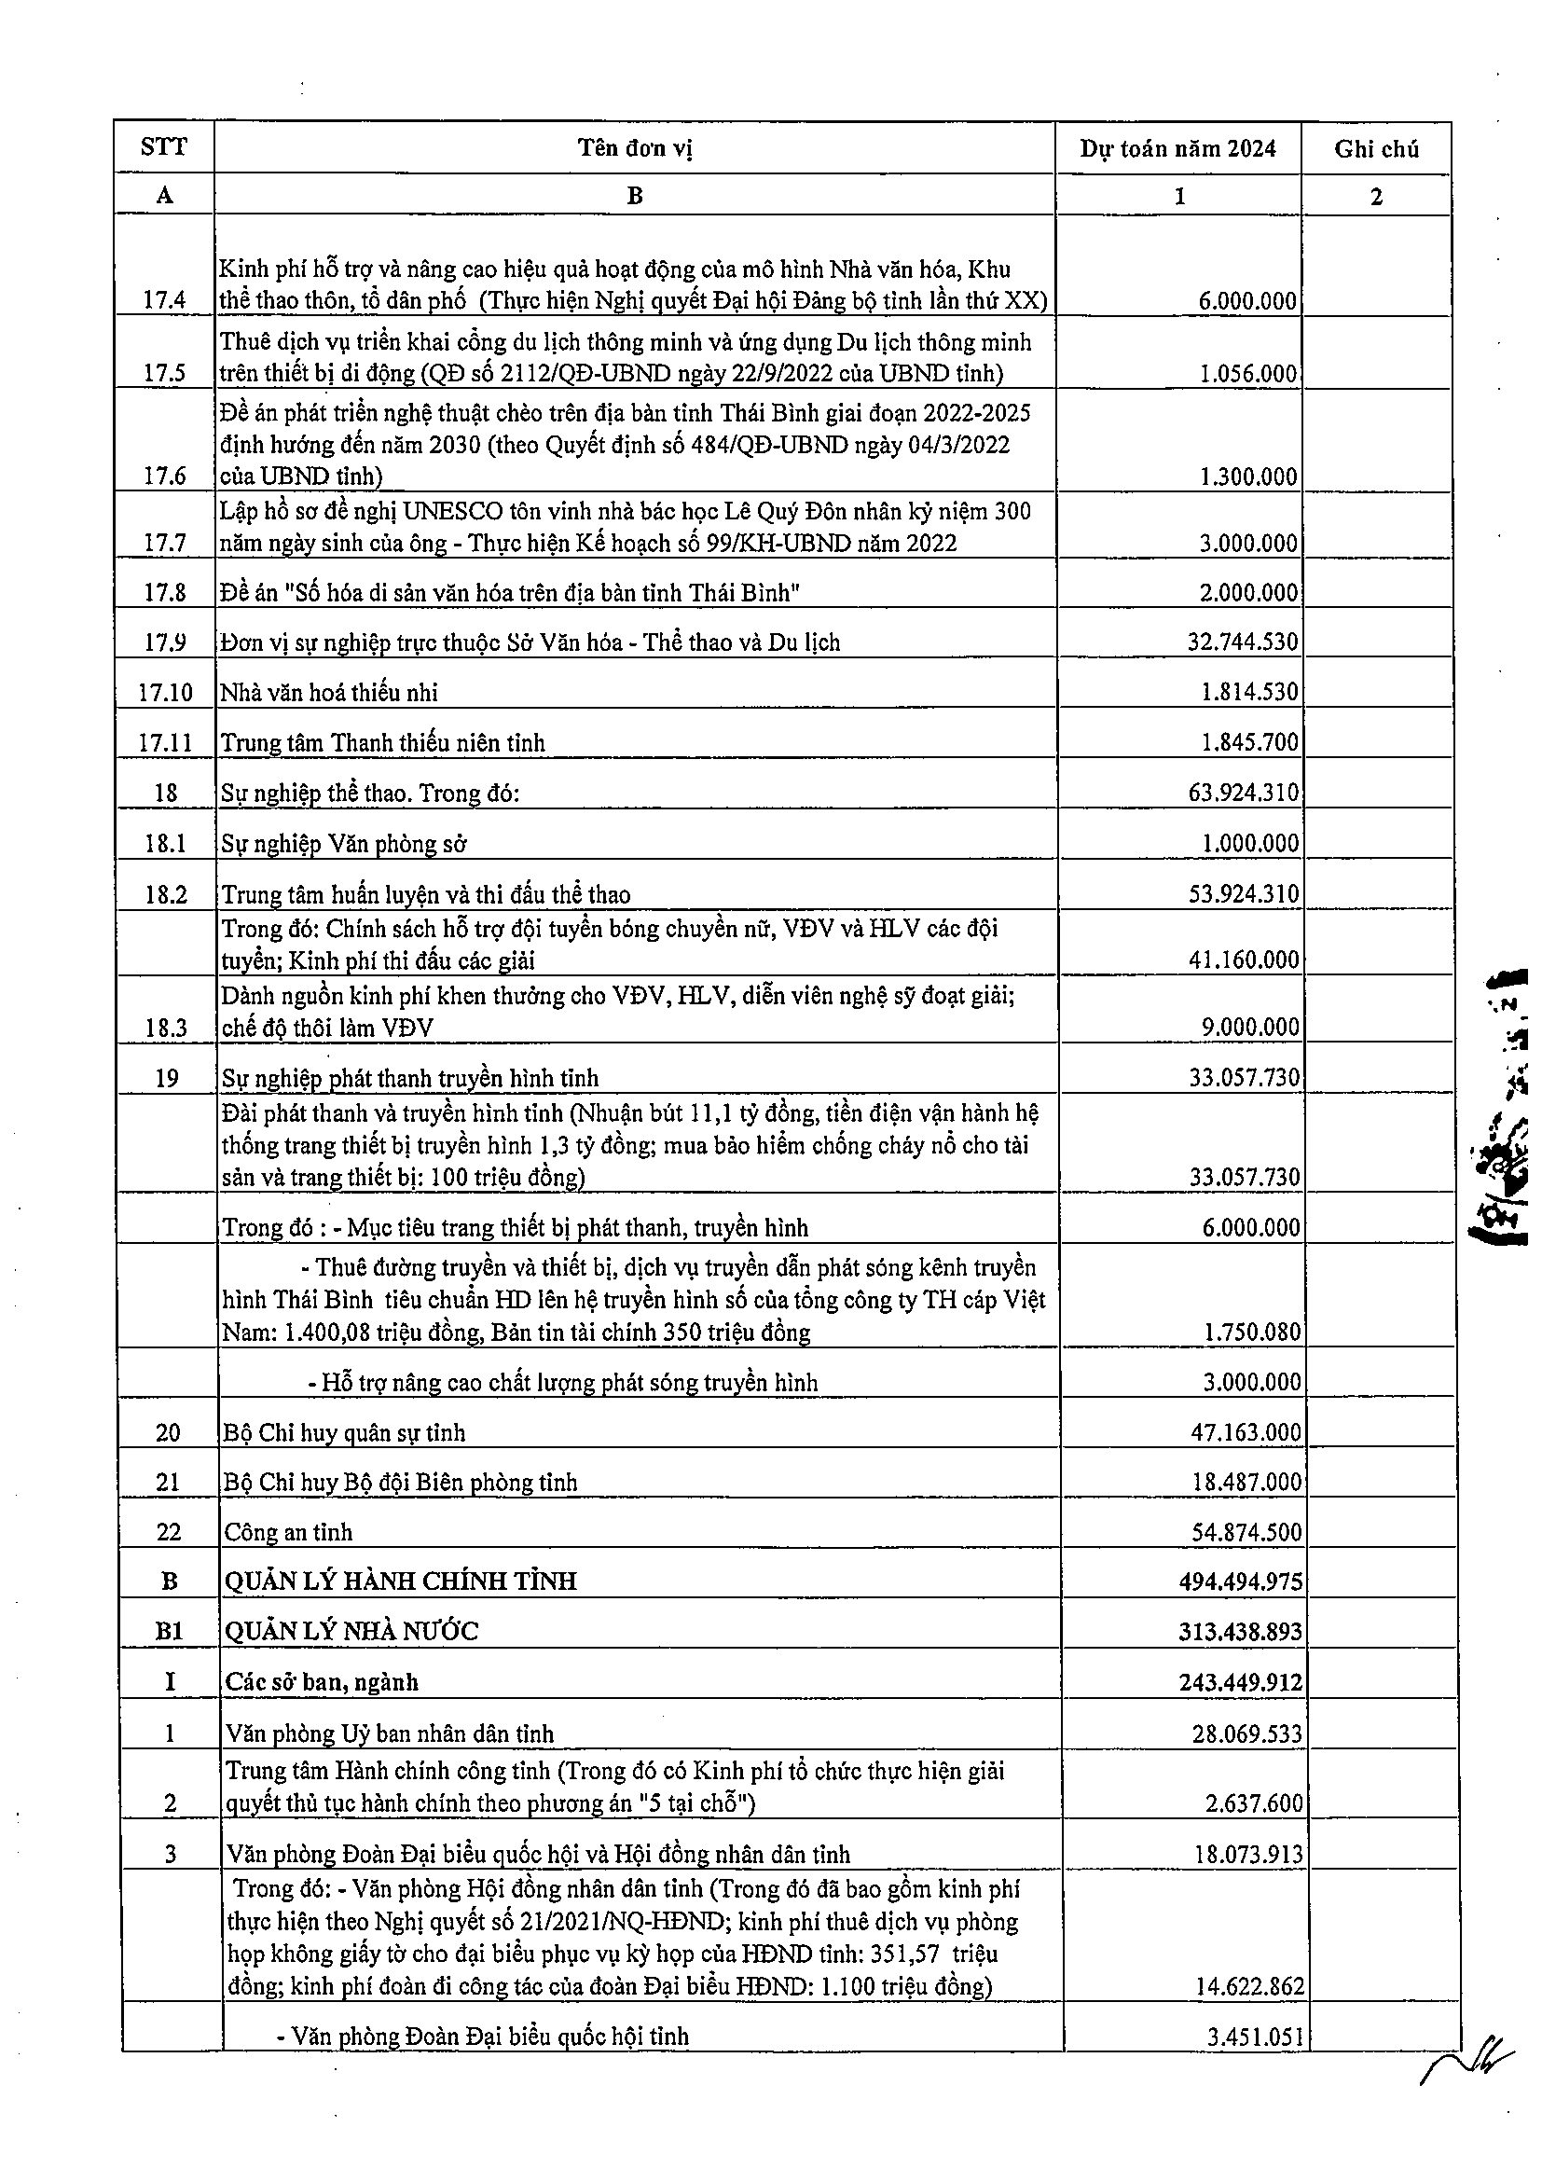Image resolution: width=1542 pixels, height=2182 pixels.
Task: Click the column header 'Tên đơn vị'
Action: click(x=635, y=148)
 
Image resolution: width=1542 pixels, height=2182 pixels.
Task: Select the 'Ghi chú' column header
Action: click(x=1376, y=149)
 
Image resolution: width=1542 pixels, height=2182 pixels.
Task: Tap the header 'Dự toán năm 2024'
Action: click(x=1177, y=148)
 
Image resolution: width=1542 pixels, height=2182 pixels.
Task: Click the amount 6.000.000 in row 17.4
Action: click(x=1247, y=301)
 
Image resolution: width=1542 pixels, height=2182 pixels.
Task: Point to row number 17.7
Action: click(x=165, y=543)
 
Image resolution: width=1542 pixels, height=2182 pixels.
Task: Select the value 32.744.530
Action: click(x=1243, y=642)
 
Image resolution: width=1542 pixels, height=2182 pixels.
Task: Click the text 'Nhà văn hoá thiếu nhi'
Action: click(x=329, y=692)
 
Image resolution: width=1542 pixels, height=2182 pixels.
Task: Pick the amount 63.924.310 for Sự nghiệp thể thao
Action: click(x=1243, y=793)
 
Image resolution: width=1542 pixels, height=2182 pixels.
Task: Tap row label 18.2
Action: click(x=166, y=894)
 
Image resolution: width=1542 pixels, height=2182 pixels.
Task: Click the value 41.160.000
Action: click(x=1244, y=960)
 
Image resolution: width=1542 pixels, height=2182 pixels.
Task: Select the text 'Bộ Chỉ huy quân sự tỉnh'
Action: click(x=344, y=1432)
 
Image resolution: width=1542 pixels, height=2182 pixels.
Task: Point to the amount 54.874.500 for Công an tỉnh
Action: click(x=1246, y=1532)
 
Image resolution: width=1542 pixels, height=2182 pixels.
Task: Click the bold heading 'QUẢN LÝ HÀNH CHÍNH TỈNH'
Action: click(x=400, y=1581)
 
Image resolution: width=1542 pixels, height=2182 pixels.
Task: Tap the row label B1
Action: click(x=169, y=1632)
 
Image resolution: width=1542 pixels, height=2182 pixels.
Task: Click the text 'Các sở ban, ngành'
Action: click(x=321, y=1682)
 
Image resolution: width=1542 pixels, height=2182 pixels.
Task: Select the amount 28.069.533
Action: click(x=1247, y=1733)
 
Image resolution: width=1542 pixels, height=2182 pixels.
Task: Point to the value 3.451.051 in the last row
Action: click(x=1254, y=2037)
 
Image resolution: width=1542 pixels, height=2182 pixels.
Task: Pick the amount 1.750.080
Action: click(x=1252, y=1332)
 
